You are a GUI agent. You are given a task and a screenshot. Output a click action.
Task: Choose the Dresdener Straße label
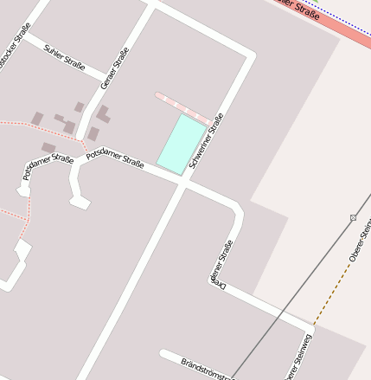pyautogui.click(x=222, y=263)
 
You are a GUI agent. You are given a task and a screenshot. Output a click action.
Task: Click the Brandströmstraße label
pyautogui.click(x=208, y=368)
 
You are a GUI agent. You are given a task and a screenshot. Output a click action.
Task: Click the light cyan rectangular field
pyautogui.click(x=182, y=145)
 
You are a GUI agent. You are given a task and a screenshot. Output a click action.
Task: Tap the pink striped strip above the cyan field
pyautogui.click(x=182, y=107)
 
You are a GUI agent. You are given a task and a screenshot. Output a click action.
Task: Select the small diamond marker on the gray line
pyautogui.click(x=353, y=218)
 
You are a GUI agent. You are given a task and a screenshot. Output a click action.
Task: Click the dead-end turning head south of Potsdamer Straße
pyautogui.click(x=80, y=202)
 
